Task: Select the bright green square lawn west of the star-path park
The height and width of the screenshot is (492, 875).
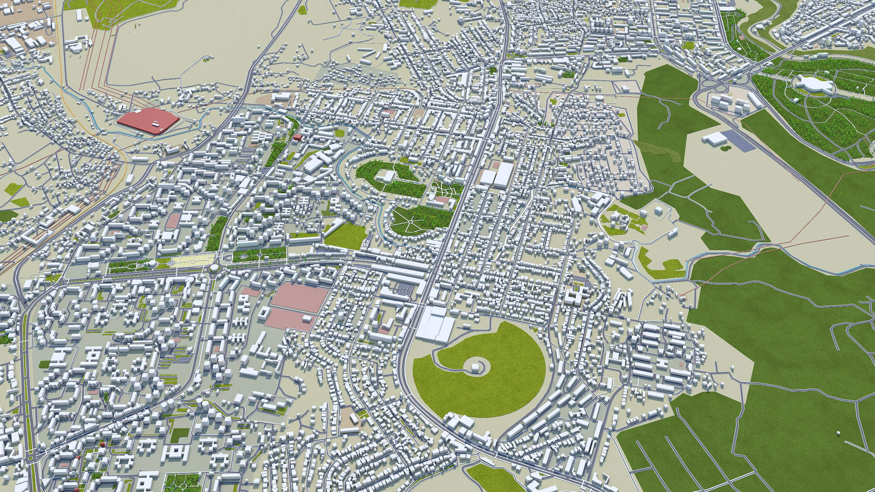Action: [x=345, y=236]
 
